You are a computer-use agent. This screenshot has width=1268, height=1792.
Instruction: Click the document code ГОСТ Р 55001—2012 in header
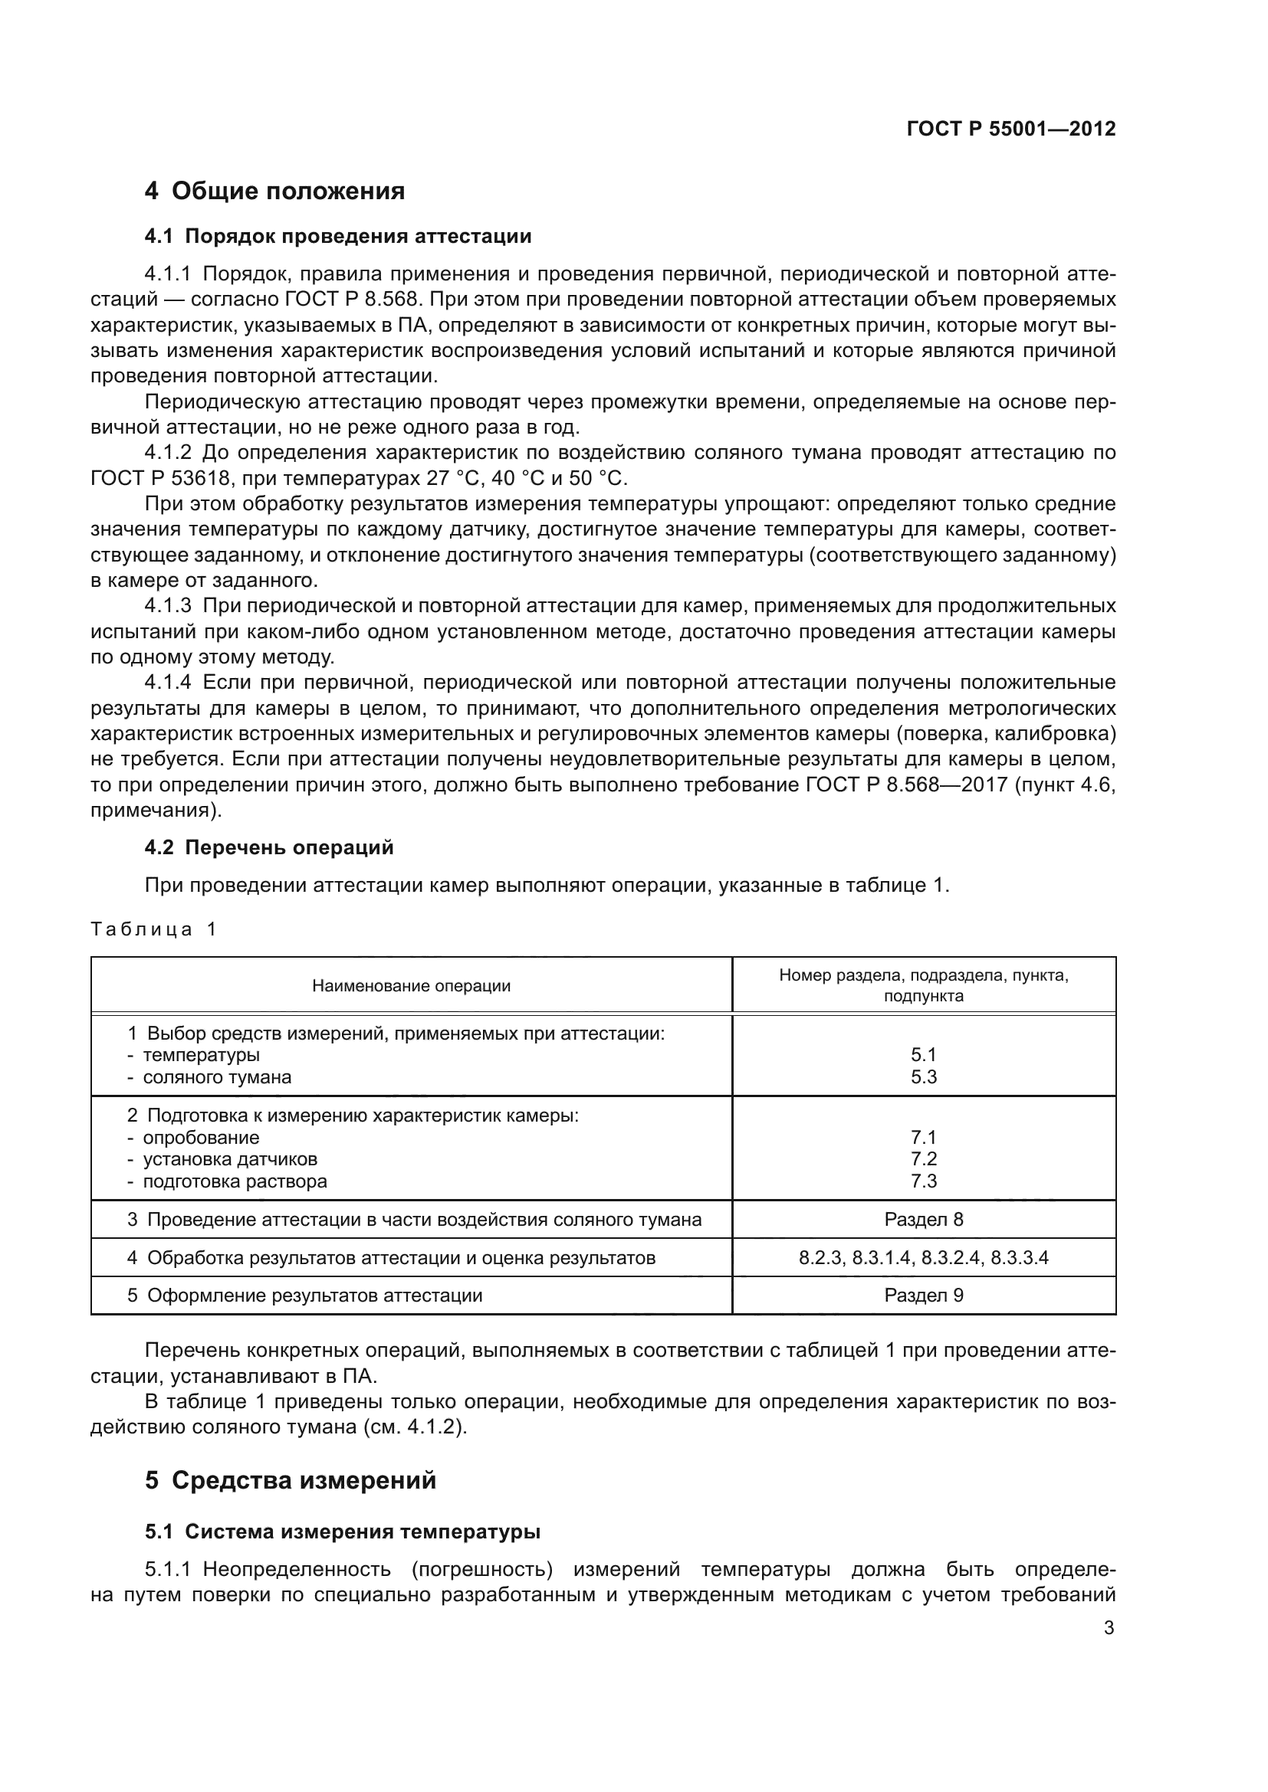tap(1010, 129)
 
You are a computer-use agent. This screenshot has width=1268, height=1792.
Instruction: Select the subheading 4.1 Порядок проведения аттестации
tap(337, 236)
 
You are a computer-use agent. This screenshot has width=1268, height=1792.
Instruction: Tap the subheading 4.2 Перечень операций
tap(268, 847)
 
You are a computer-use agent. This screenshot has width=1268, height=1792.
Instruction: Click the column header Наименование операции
tap(411, 986)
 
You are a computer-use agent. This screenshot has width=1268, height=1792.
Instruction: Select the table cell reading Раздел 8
tap(923, 1219)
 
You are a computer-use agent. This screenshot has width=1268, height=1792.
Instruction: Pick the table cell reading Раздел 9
tap(923, 1296)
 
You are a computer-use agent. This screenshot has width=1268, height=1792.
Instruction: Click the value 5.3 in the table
tap(923, 1077)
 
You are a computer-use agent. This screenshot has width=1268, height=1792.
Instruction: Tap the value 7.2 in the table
tap(923, 1159)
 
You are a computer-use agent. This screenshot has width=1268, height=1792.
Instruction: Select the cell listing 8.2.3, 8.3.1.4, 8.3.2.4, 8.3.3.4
tap(923, 1257)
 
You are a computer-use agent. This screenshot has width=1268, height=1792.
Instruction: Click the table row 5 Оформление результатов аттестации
tap(304, 1296)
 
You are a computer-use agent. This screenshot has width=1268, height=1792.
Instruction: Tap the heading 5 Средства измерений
tap(290, 1481)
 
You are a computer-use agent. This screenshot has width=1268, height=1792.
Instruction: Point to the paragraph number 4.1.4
tap(167, 683)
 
